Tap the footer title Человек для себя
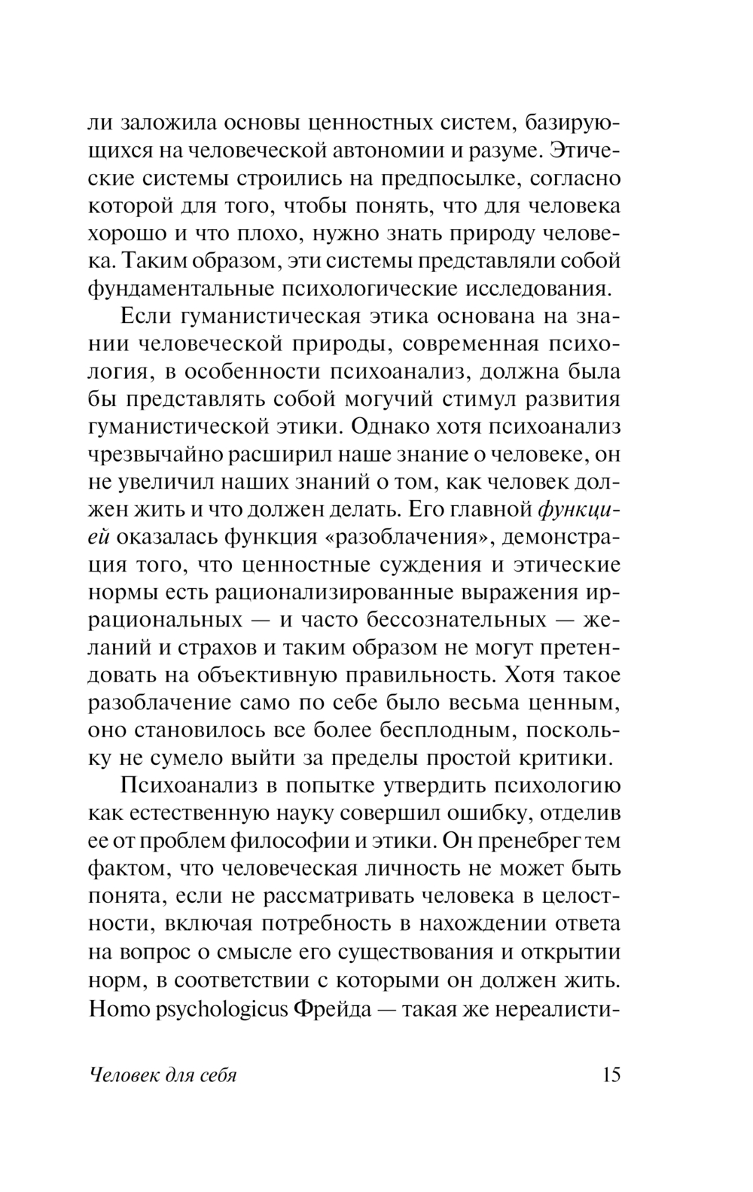163,1075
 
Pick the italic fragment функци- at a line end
581,510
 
